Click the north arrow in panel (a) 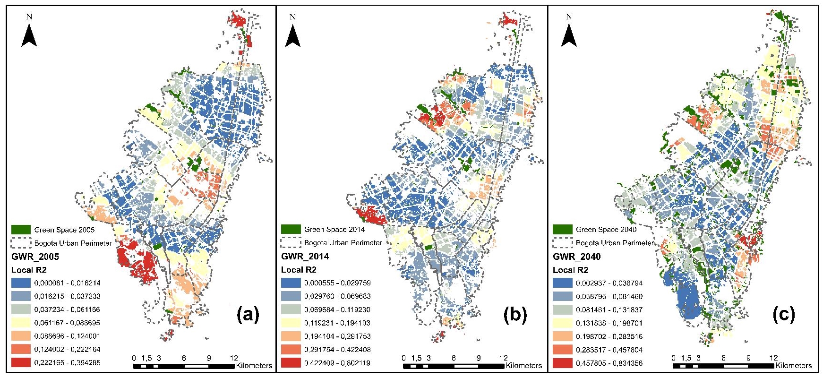pos(29,35)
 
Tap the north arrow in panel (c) pos(569,35)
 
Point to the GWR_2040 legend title pos(576,257)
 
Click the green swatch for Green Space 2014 pos(291,229)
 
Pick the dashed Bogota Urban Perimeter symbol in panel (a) pos(20,243)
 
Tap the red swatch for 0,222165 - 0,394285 pos(20,362)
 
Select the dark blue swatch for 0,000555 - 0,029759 pos(291,283)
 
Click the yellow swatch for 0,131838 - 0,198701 pos(562,323)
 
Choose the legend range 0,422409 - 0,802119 pos(337,363)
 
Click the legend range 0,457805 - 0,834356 pos(609,363)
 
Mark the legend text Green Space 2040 pos(606,230)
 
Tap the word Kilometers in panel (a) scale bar pos(254,365)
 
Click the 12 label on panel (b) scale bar pos(504,358)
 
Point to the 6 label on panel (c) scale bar pos(723,358)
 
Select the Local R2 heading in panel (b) pos(299,270)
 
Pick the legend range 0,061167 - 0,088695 pos(67,323)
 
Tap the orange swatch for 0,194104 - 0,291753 pos(291,336)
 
